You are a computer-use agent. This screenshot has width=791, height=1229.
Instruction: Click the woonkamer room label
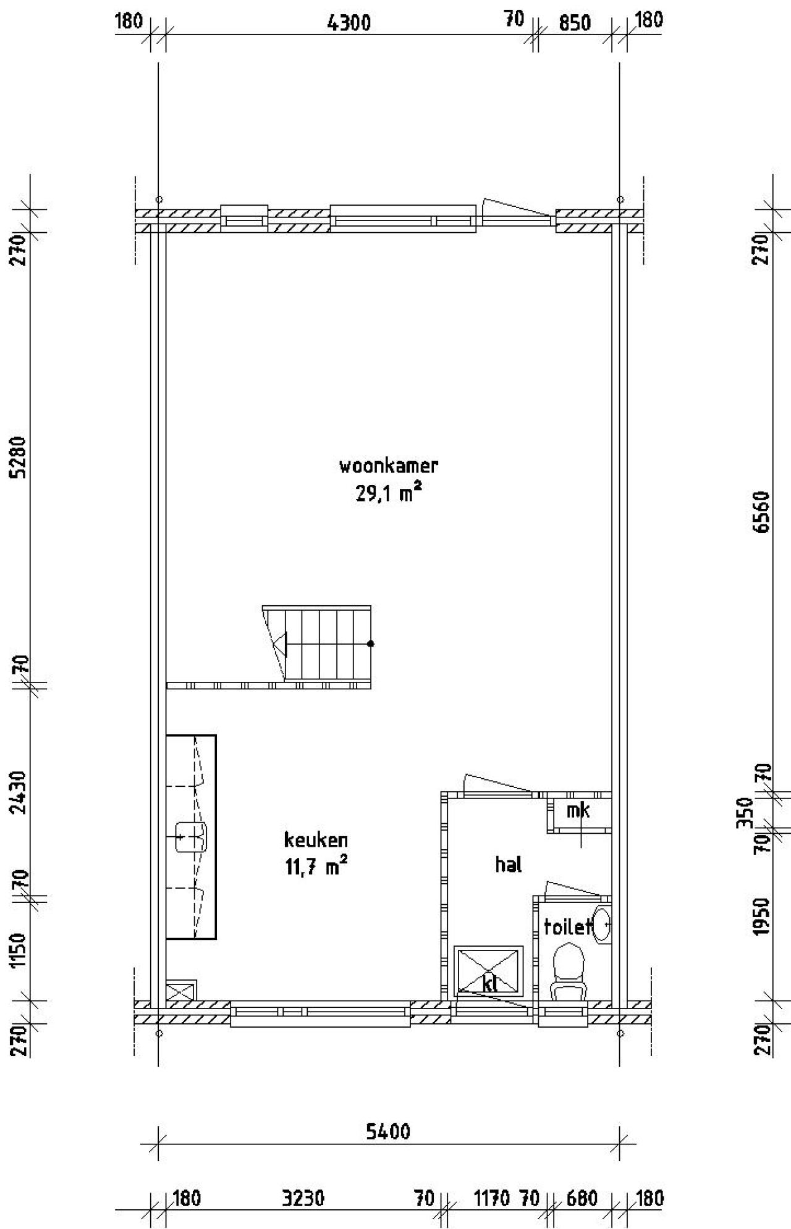coord(388,465)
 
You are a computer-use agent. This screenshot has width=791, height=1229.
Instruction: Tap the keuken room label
coord(316,840)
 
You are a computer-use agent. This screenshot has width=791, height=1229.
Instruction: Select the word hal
coord(509,864)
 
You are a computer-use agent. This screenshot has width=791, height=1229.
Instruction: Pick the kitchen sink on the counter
coord(191,837)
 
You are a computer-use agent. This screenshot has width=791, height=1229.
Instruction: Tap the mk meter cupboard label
coord(578,810)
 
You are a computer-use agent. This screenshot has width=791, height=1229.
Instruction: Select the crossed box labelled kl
coord(489,971)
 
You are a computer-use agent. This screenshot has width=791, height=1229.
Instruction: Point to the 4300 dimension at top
coord(349,23)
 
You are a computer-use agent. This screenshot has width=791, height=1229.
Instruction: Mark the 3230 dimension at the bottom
coord(303,1199)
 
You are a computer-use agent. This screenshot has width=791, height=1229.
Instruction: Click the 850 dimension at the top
coord(574,23)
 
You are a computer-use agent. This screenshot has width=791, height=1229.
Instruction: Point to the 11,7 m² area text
coord(316,867)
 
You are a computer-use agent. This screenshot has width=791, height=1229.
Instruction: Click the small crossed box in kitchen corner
coord(182,990)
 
